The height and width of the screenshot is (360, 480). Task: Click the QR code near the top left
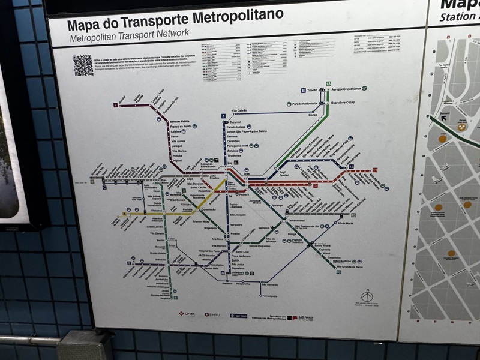pos(83,65)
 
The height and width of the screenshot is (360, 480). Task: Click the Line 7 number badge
pos(115,105)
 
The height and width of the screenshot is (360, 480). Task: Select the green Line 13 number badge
pos(328,83)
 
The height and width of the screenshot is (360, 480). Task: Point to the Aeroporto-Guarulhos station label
pos(348,89)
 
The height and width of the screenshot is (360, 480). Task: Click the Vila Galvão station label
pos(239,111)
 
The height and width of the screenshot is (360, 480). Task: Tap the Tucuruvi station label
pos(234,121)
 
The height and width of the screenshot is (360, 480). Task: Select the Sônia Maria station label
pos(346,223)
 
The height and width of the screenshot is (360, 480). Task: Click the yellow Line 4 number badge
pos(125,213)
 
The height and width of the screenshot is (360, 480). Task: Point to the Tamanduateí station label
pos(298,221)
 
